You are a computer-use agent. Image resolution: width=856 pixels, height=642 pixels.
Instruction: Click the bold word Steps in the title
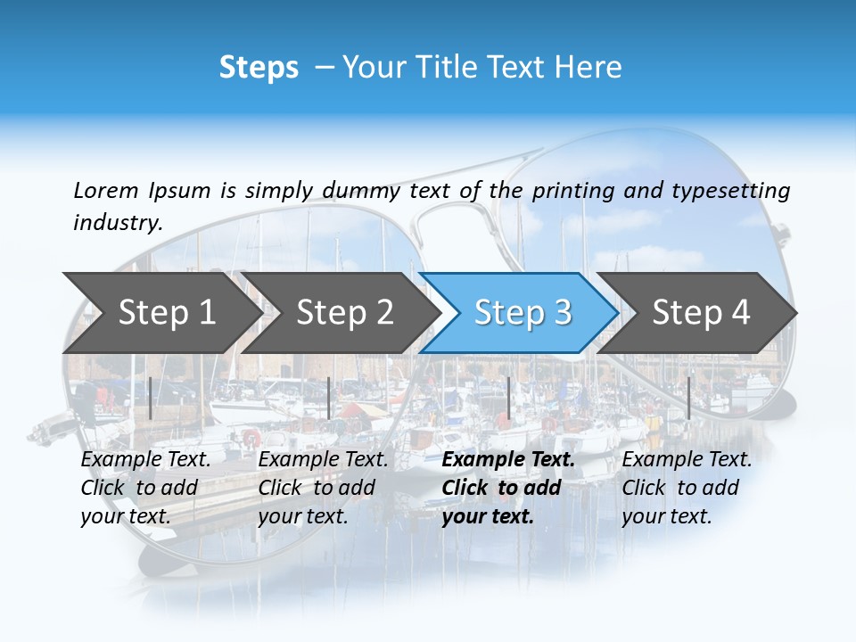(259, 68)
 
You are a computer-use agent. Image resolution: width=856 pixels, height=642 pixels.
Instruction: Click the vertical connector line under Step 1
(151, 398)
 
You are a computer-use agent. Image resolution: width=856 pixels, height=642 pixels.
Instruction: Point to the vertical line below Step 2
(329, 398)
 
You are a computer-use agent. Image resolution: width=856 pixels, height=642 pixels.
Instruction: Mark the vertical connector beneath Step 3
(508, 398)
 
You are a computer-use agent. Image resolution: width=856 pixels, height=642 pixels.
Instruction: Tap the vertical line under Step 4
(688, 398)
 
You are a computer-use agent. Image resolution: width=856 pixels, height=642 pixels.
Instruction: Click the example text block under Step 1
(145, 488)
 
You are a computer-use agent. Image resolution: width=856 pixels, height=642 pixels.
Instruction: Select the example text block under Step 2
(323, 488)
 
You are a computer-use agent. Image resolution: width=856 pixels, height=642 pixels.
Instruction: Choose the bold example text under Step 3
(508, 488)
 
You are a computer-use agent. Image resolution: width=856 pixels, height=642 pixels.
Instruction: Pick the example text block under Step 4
(687, 488)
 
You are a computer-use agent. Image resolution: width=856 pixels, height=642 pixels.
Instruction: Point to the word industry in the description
(118, 223)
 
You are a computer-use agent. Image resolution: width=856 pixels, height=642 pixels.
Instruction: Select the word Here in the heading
(588, 68)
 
